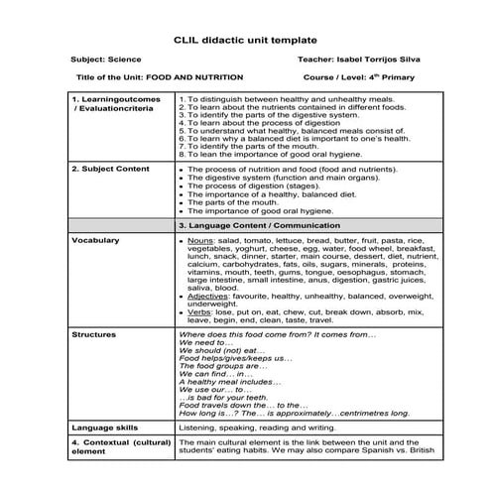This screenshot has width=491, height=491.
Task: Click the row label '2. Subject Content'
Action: point(106,170)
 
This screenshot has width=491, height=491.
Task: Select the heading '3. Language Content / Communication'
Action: point(259,226)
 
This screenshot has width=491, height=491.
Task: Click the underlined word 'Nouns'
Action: point(199,241)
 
